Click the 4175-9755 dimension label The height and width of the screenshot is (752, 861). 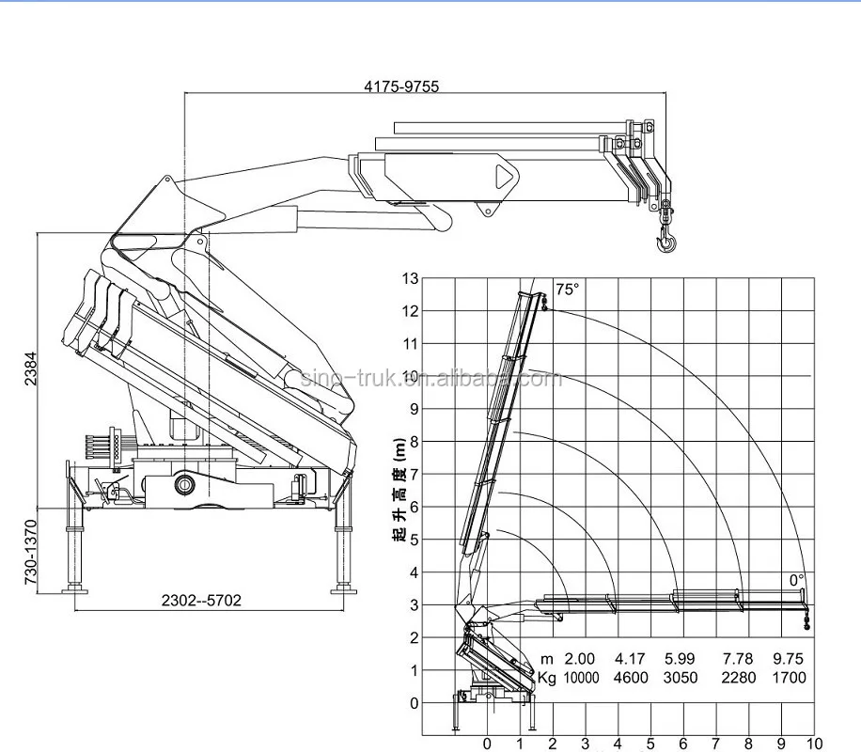(x=401, y=86)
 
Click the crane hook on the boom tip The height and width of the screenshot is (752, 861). (x=665, y=241)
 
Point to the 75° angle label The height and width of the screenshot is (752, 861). (x=566, y=290)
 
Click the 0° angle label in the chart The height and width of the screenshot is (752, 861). (x=796, y=580)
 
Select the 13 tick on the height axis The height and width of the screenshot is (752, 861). (x=409, y=278)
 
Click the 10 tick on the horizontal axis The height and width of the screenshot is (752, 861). (x=814, y=744)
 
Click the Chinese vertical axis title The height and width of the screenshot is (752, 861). (x=399, y=490)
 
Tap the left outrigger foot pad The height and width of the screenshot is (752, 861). (x=74, y=590)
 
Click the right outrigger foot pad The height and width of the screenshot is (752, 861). (x=342, y=590)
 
